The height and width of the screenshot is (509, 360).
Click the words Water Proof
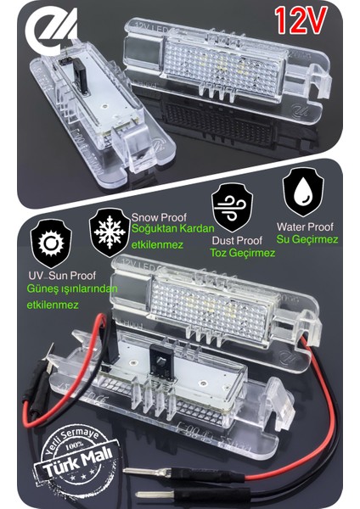tap(303, 227)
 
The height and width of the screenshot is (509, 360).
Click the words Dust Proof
tap(236, 239)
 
